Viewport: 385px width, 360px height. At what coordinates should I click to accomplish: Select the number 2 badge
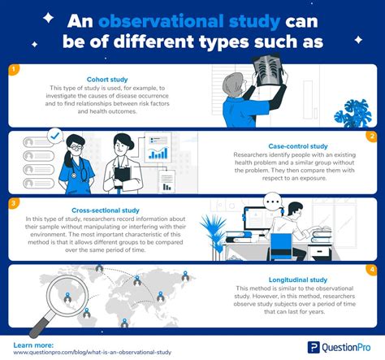(371, 136)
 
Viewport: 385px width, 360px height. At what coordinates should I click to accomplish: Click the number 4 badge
(371, 269)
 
